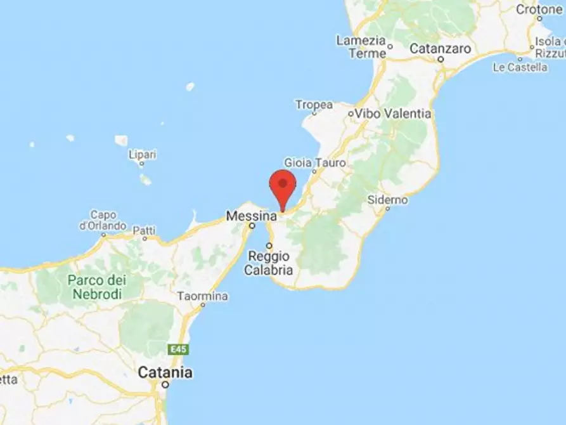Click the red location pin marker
coord(283,185)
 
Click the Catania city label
coord(165,372)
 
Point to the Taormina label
coord(202,296)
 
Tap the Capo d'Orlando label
coord(102,220)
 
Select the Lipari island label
coord(142,154)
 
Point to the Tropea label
coord(314,104)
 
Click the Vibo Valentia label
coord(393,114)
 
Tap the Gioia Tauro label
coord(316,163)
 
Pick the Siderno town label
coord(387,200)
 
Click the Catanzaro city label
coord(441,48)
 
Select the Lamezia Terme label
coord(361,47)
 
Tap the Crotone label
coord(539,10)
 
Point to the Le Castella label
coord(520,67)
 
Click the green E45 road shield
coord(179,349)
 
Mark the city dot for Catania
coord(165,384)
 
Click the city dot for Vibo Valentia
coord(351,114)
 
